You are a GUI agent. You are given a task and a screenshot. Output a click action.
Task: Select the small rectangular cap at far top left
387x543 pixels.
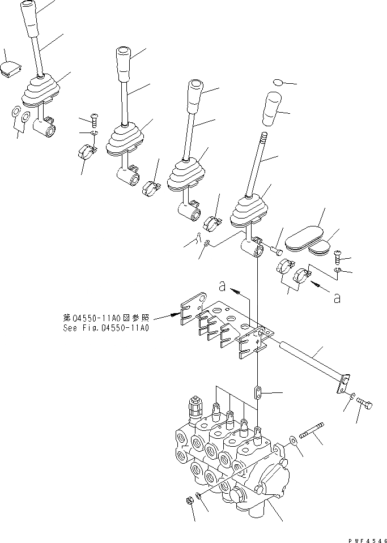[x=10, y=70]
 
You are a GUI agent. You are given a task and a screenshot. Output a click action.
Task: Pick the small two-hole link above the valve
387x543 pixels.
[x=258, y=392]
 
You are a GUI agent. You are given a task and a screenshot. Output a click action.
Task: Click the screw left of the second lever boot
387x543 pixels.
[x=93, y=119]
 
